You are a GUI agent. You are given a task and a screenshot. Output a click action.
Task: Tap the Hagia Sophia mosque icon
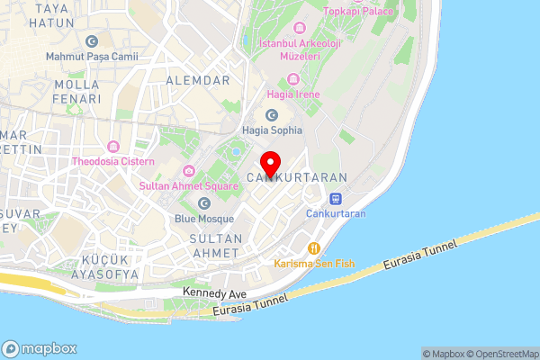point(272,114)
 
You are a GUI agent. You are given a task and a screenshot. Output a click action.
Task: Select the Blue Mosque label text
point(203,217)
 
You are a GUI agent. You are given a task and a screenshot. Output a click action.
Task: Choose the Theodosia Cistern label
point(113,162)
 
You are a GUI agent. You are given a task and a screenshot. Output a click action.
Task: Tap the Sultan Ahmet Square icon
point(189,171)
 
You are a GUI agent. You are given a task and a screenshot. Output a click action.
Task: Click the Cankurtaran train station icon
point(336,198)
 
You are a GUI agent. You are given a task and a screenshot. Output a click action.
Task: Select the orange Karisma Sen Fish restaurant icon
point(314,248)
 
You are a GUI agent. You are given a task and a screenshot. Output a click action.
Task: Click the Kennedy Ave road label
point(214,293)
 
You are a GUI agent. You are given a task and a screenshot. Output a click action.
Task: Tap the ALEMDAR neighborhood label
point(198,80)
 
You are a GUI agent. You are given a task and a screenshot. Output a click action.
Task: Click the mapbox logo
point(40,348)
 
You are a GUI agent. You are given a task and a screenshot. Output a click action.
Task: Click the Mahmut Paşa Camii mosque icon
point(91,40)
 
